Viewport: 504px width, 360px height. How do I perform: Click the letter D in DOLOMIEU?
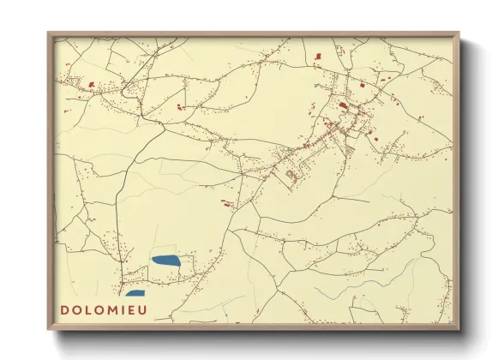[x=65, y=309]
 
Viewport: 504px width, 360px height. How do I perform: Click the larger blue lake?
[x=165, y=259]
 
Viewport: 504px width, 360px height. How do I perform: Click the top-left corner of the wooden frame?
[x=49, y=33]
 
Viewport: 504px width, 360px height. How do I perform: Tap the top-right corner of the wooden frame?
[x=459, y=33]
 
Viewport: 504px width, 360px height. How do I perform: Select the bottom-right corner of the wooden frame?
[x=459, y=329]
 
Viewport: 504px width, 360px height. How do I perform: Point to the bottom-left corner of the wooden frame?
[x=49, y=329]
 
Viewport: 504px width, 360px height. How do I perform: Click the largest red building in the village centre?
[x=344, y=105]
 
